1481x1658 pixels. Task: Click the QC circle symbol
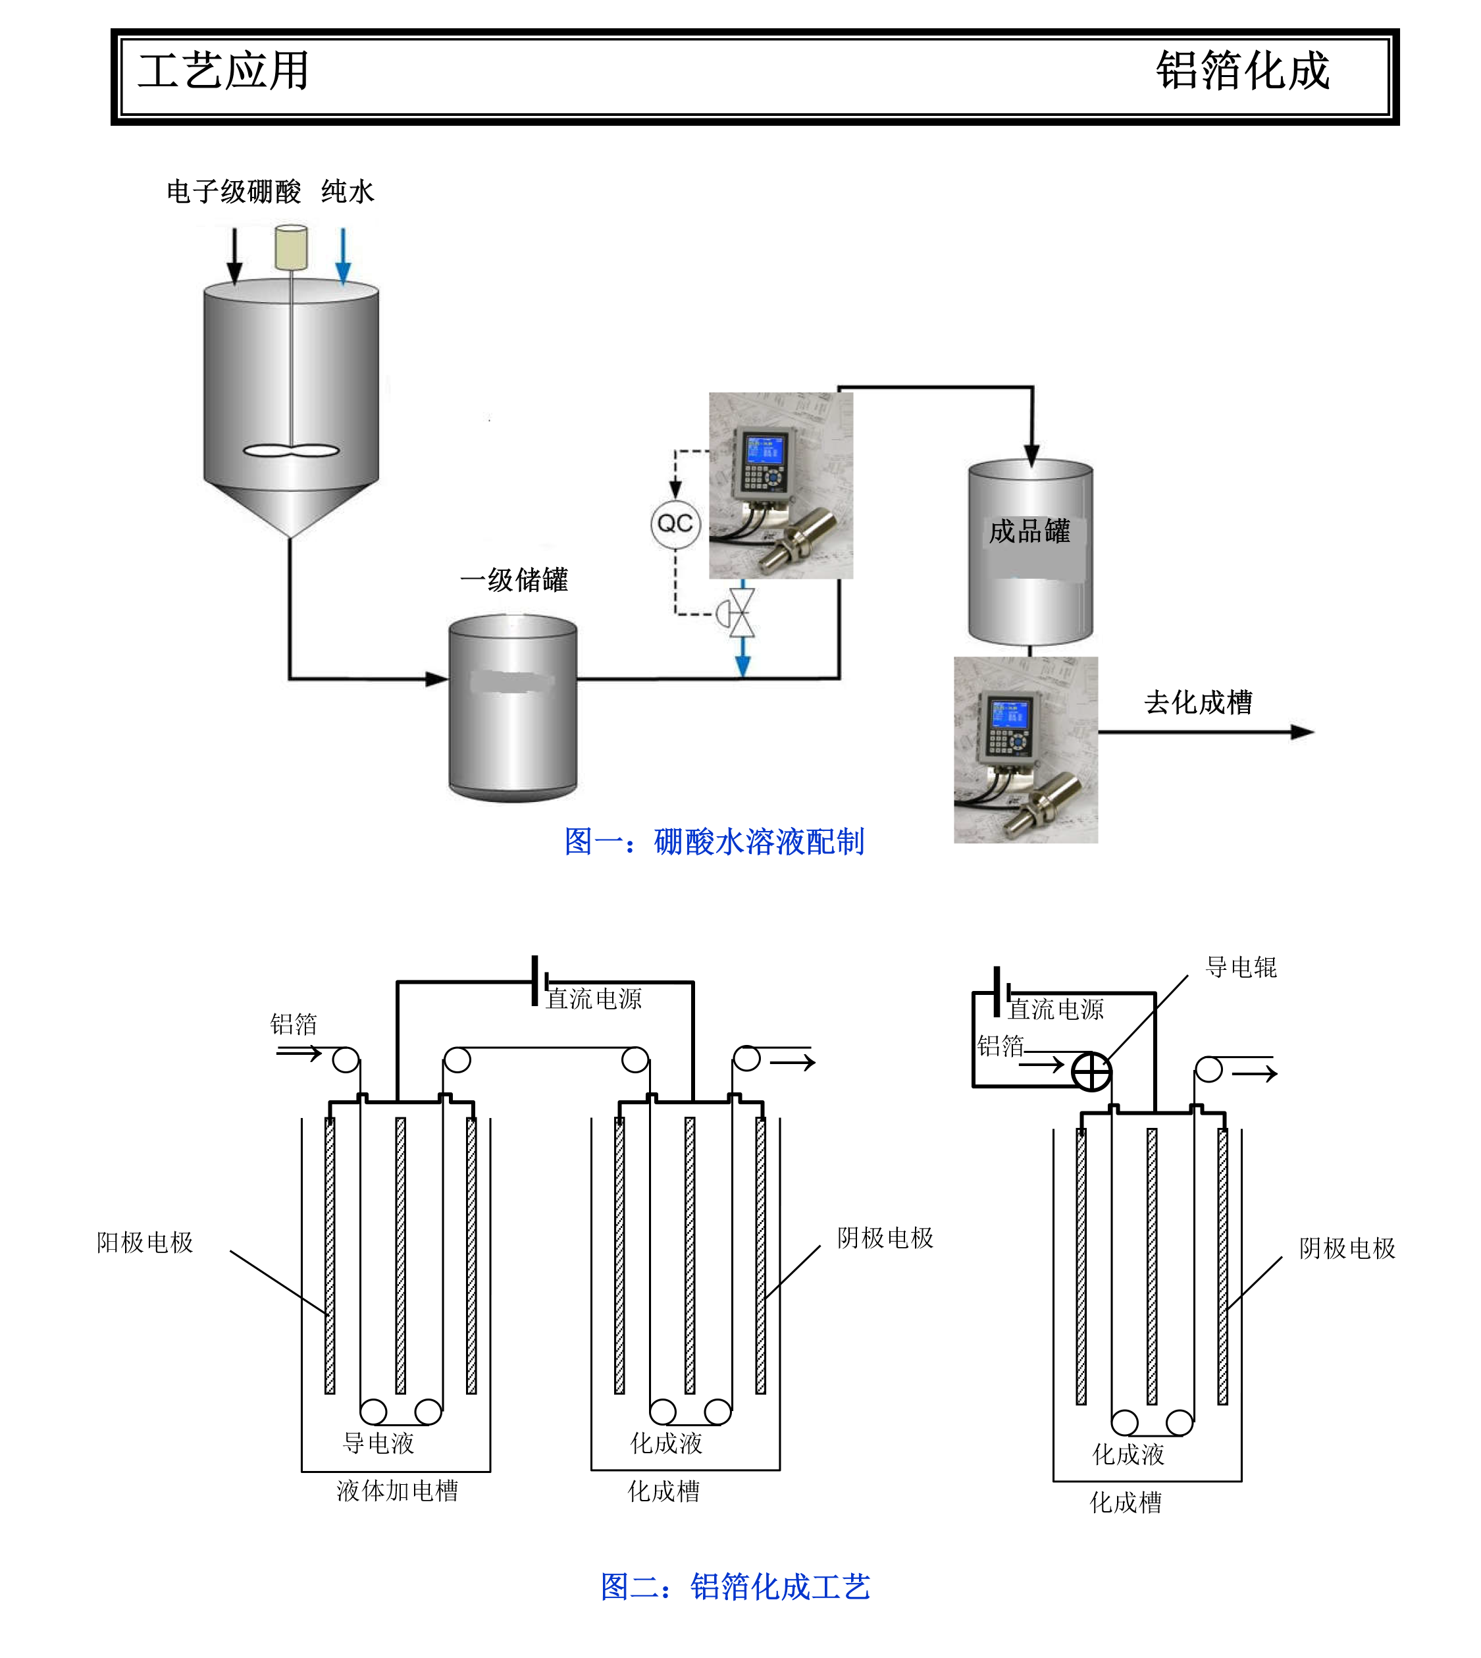coord(675,524)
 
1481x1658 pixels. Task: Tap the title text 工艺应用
coord(224,71)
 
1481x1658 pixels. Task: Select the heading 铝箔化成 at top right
coord(1243,71)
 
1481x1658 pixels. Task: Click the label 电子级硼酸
coord(234,192)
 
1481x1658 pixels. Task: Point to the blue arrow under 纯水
coord(344,256)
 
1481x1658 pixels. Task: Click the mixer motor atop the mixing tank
coord(292,248)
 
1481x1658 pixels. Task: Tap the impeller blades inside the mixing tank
coord(292,451)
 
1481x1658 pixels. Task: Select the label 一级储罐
coord(514,580)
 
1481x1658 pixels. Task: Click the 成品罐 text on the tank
coord(1029,531)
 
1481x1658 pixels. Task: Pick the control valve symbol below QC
coord(741,612)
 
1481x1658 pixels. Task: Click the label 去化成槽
coord(1198,703)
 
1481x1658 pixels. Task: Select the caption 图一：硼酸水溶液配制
coord(714,842)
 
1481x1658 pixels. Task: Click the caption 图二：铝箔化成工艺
coord(735,1586)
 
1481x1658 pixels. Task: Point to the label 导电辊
coord(1241,968)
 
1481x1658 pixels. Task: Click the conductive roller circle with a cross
coord(1091,1072)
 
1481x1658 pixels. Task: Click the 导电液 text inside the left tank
coord(378,1444)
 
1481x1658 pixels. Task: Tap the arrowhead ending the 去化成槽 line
coord(1303,733)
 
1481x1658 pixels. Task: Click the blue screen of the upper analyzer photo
coord(766,450)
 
